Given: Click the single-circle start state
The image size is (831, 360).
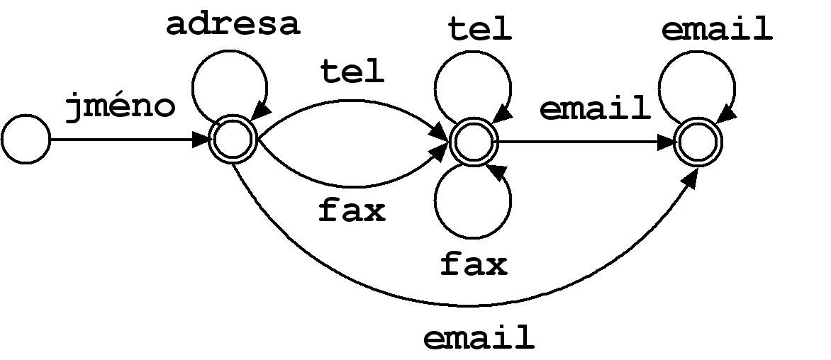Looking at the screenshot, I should click(26, 140).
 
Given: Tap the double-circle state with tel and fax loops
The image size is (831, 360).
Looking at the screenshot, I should click(472, 142).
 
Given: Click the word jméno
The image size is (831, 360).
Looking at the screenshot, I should click(120, 108).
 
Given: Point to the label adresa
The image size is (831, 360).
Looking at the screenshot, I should click(233, 24).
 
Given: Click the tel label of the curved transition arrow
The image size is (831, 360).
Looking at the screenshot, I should click(352, 72).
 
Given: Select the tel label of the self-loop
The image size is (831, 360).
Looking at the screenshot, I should click(479, 29).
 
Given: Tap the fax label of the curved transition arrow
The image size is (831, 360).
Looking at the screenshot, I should click(352, 210).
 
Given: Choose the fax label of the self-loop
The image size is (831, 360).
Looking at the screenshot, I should click(474, 264).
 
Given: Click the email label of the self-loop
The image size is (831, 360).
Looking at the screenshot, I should click(716, 30).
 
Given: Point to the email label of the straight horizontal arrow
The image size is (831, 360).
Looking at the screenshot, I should click(595, 108).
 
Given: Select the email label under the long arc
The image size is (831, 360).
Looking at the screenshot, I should click(479, 338).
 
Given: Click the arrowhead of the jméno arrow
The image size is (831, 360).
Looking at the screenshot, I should click(201, 140).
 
